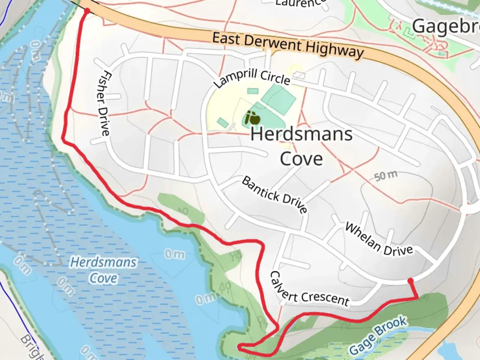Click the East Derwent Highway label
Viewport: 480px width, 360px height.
coord(288,45)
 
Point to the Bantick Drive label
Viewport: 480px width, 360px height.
coord(275,195)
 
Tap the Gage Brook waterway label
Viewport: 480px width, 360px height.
coord(378,335)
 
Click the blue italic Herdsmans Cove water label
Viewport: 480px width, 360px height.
coord(103,270)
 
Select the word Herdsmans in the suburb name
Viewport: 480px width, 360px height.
coord(301,134)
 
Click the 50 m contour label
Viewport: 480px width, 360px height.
coord(386,176)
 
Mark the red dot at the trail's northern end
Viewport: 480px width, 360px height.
coord(87,11)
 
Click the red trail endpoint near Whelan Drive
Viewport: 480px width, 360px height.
coord(411,281)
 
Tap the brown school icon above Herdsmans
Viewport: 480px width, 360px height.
coord(252,118)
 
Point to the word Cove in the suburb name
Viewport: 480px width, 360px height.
coord(301,159)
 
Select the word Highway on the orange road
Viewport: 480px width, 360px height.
coord(335,50)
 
